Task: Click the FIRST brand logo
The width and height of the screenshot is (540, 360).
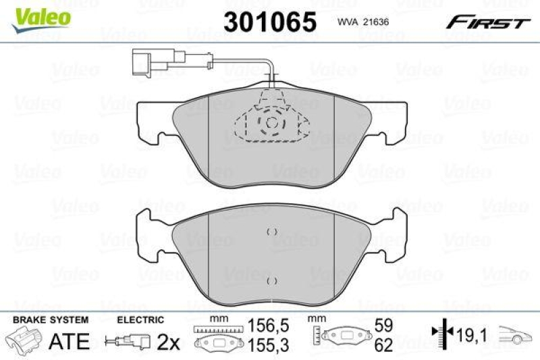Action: click(487, 22)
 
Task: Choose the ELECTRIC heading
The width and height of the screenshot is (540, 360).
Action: click(140, 319)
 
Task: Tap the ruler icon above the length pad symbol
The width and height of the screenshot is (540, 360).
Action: click(217, 329)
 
